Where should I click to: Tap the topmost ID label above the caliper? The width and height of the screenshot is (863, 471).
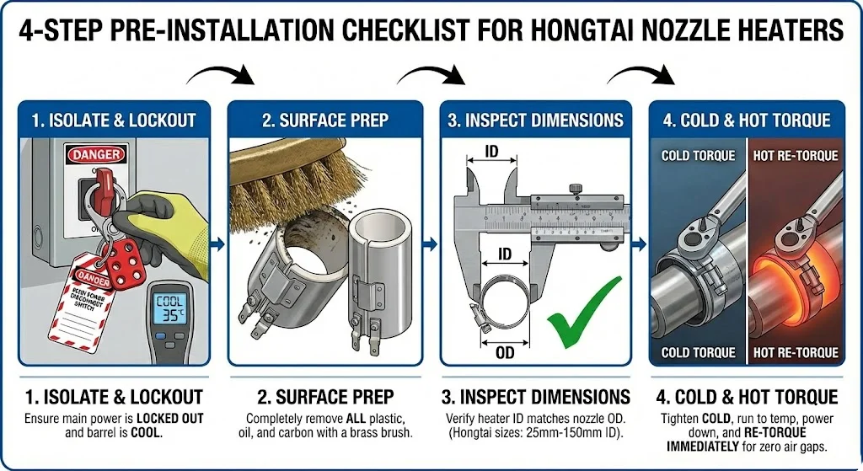[x=490, y=153]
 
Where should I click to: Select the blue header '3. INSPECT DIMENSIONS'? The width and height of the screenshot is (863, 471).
[x=535, y=120]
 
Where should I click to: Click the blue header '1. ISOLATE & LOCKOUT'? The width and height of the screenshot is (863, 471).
[x=114, y=120]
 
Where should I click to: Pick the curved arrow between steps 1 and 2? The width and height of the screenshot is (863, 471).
[x=220, y=75]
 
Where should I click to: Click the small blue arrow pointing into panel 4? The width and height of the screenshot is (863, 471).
[x=640, y=244]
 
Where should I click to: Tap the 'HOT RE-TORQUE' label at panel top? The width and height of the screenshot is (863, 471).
[x=795, y=156]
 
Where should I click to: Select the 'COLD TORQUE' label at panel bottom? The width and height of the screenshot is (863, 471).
[x=698, y=352]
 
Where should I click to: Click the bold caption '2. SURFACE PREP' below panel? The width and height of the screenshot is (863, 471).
[x=324, y=396]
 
